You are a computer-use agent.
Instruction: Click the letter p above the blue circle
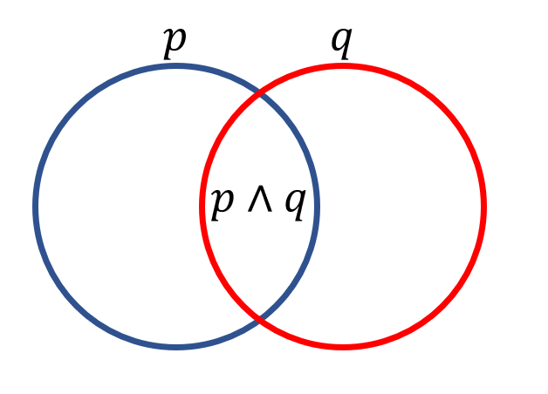click(x=175, y=41)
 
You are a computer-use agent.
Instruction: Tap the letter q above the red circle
click(x=341, y=41)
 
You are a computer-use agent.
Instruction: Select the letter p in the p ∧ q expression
click(x=223, y=204)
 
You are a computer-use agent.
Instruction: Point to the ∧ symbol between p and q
click(x=259, y=203)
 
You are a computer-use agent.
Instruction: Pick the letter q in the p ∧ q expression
click(x=295, y=204)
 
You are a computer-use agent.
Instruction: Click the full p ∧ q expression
click(x=259, y=204)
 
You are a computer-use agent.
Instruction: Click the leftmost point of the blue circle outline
click(x=36, y=206)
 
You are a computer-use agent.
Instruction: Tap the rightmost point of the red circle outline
click(x=483, y=206)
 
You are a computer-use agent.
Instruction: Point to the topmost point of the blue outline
click(x=176, y=65)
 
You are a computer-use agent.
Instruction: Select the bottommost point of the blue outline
click(x=176, y=347)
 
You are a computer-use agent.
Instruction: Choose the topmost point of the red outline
click(x=342, y=65)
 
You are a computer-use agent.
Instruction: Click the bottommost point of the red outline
click(x=342, y=347)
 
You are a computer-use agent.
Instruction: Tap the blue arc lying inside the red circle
click(x=317, y=206)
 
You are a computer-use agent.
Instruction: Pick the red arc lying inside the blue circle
click(x=202, y=206)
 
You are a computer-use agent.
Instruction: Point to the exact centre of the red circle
click(x=342, y=206)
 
